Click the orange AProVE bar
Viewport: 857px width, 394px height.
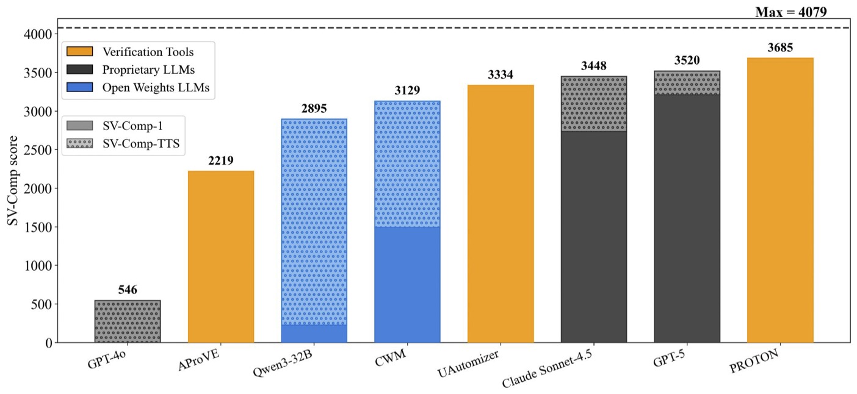coord(221,256)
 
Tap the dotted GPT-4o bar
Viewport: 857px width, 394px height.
coord(128,321)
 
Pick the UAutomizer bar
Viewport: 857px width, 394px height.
coord(501,213)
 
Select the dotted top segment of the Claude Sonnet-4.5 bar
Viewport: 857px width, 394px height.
coord(594,104)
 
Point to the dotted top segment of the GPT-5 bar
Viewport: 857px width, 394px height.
coord(687,83)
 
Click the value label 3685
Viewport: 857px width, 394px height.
coord(780,48)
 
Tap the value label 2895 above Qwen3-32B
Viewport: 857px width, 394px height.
coord(314,109)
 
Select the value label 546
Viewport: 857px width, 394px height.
coord(128,290)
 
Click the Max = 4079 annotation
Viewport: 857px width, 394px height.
coord(791,11)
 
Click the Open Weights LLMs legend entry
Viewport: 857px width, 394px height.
coord(156,87)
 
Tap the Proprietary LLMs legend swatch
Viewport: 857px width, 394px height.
coord(79,70)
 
